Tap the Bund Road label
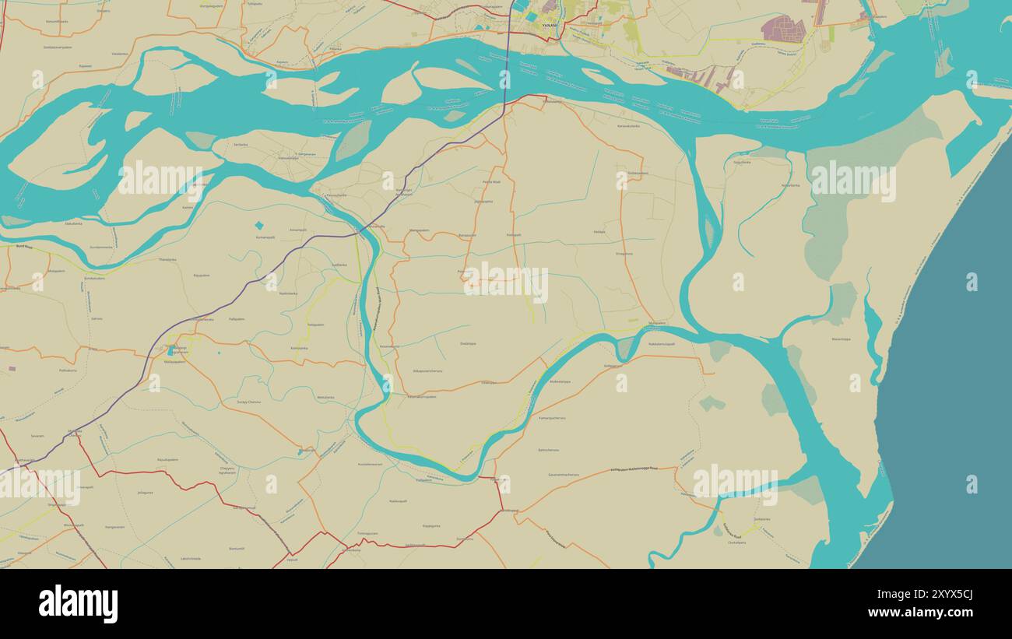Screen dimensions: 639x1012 click(x=24, y=246)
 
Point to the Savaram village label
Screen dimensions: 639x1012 click(x=37, y=436)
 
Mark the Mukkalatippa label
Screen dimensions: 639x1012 click(x=560, y=381)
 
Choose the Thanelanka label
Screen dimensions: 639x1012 click(x=167, y=259)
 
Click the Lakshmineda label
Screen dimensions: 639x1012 click(x=191, y=558)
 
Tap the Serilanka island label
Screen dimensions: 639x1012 click(x=241, y=144)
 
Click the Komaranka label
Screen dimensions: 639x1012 click(x=300, y=347)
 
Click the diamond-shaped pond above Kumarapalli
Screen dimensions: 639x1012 click(x=258, y=226)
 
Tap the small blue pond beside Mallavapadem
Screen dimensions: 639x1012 click(x=169, y=351)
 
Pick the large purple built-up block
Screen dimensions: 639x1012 click(x=783, y=29)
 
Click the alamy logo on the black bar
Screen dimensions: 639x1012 click(x=78, y=604)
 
